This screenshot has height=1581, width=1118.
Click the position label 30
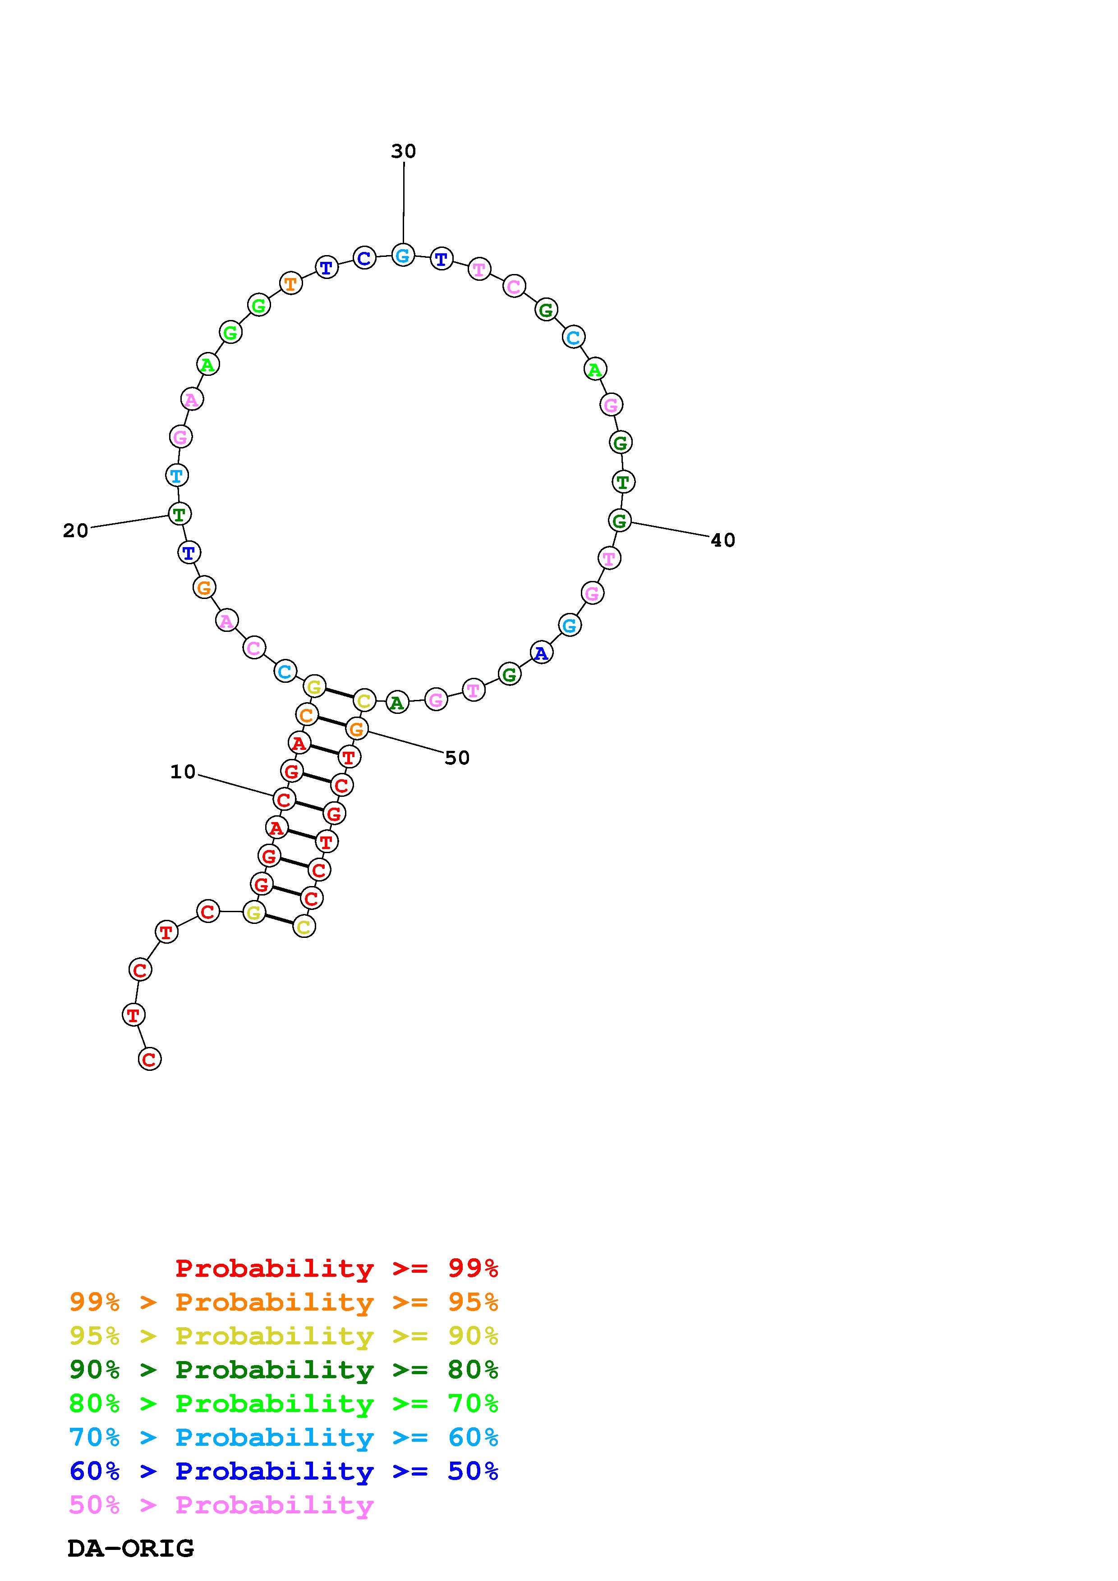[x=404, y=151]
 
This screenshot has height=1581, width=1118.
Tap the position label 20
[x=76, y=531]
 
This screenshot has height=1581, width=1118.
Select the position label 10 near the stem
[x=183, y=772]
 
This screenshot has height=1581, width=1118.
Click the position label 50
[x=457, y=758]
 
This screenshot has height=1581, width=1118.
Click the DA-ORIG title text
[x=131, y=1549]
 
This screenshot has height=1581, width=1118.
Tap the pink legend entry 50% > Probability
[x=221, y=1505]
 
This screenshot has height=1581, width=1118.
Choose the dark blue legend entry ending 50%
[x=284, y=1471]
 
